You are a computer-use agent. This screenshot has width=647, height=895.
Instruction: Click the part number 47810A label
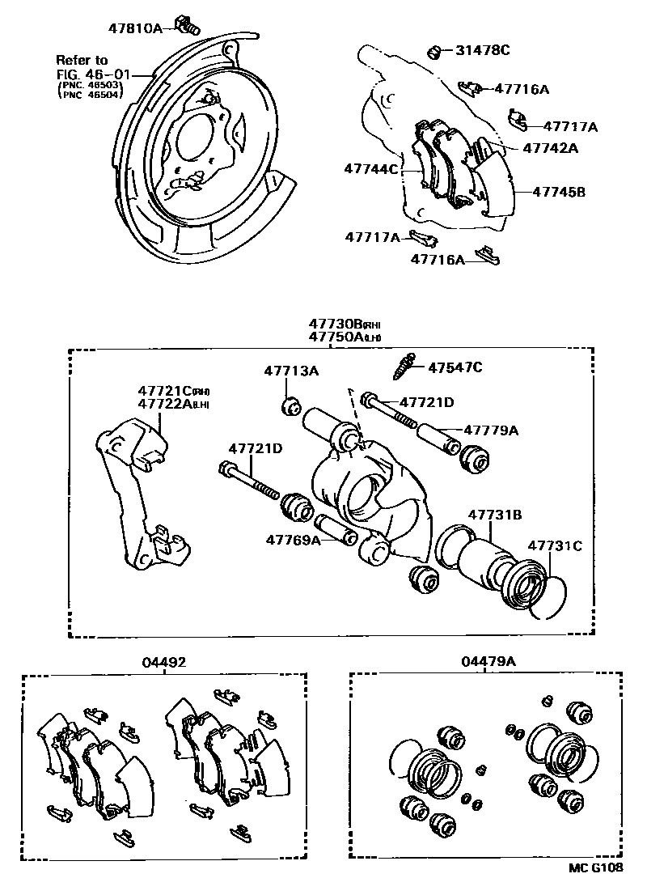click(x=135, y=28)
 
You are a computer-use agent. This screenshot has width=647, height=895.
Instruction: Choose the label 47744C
click(x=371, y=169)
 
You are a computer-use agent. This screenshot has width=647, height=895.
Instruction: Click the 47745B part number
click(x=560, y=192)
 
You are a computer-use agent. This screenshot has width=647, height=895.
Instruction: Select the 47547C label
click(x=455, y=367)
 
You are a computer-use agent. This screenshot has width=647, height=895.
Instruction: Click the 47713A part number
click(x=291, y=371)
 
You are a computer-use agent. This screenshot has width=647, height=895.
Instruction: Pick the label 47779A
click(x=490, y=431)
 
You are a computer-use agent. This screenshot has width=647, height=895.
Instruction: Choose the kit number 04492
click(x=165, y=662)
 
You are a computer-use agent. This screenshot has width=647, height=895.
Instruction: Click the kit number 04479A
click(x=488, y=662)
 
